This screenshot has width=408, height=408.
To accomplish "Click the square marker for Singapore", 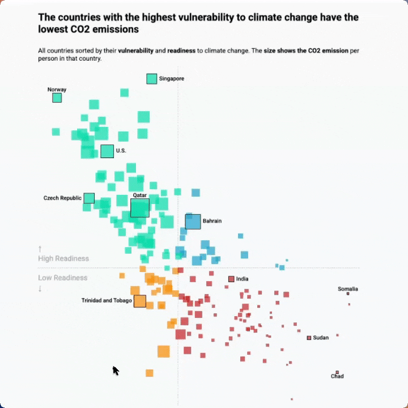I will click(151, 79).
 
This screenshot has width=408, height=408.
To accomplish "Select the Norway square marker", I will click(57, 97).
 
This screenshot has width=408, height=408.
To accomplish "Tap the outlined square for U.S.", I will click(107, 151).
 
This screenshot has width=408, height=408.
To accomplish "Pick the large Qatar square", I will click(139, 208).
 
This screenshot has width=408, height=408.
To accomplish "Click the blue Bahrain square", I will click(193, 222).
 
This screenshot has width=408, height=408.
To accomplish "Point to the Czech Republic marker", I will click(89, 198).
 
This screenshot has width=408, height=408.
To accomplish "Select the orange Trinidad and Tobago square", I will click(139, 301).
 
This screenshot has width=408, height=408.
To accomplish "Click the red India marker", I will click(231, 279).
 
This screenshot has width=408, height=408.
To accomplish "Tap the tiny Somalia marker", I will click(348, 294).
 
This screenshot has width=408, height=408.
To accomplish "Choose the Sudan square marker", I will click(309, 338).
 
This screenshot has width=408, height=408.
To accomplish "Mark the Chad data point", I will click(337, 372).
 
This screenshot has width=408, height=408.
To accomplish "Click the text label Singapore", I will click(171, 79).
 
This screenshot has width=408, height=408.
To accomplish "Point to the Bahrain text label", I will click(212, 220).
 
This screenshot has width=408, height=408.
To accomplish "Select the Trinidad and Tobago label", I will click(107, 300).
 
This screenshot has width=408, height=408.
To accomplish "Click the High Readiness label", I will click(63, 258).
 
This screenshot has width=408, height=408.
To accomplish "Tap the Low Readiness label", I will click(63, 278).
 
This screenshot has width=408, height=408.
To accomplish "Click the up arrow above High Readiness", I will click(40, 249).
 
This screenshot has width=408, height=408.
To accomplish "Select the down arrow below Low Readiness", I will click(40, 288).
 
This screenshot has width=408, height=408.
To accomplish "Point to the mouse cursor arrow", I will click(116, 371).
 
